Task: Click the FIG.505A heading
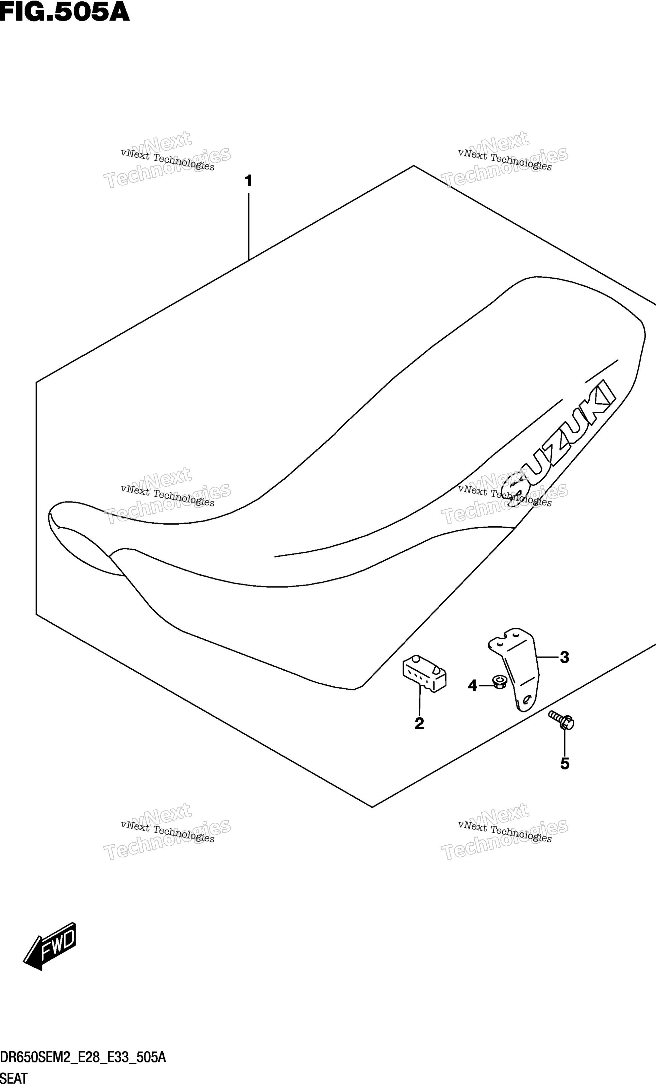pyautogui.click(x=65, y=12)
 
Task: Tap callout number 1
pyautogui.click(x=248, y=181)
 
